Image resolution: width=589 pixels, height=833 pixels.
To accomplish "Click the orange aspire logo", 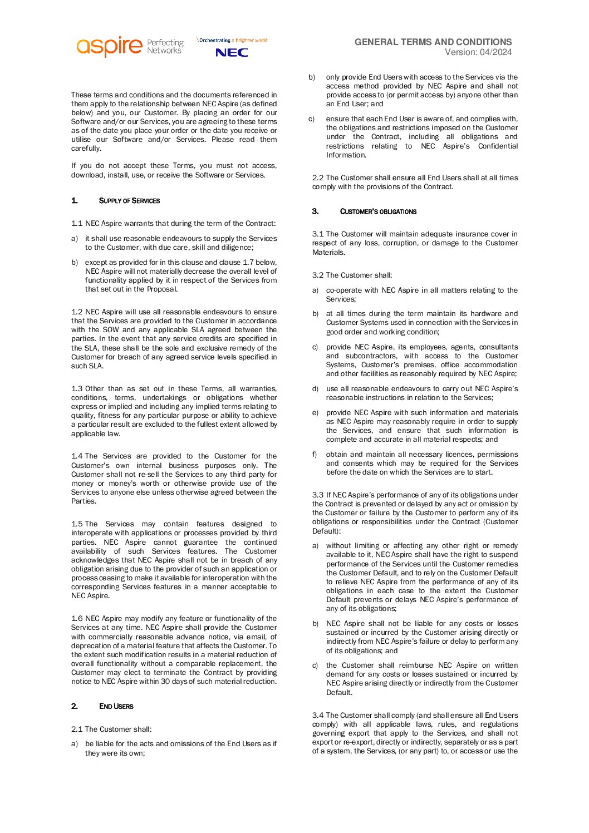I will pyautogui.click(x=109, y=46).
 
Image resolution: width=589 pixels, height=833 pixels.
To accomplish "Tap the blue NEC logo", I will pyautogui.click(x=232, y=52).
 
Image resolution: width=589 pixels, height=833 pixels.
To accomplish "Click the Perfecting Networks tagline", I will pyautogui.click(x=165, y=46).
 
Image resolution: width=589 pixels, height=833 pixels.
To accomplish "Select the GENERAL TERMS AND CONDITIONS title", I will pyautogui.click(x=433, y=42).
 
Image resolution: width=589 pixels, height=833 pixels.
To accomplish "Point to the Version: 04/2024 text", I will pyautogui.click(x=478, y=52).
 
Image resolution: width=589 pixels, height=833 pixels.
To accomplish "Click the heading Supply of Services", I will pyautogui.click(x=129, y=201).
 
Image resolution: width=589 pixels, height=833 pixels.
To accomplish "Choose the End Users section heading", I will pyautogui.click(x=116, y=706).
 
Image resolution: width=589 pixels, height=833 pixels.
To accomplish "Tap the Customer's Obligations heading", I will pyautogui.click(x=378, y=211).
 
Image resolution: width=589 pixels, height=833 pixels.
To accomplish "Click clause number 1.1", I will pyautogui.click(x=77, y=224).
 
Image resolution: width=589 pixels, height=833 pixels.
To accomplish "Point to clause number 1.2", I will pyautogui.click(x=77, y=312).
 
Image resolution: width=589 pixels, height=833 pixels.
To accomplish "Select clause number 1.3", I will pyautogui.click(x=77, y=389).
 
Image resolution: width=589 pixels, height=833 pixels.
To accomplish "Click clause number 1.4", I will pyautogui.click(x=77, y=456).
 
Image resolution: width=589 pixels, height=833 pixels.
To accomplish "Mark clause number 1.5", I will pyautogui.click(x=77, y=524).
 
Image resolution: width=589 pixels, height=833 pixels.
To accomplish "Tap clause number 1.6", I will pyautogui.click(x=77, y=619).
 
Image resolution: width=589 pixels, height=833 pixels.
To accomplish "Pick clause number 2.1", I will pyautogui.click(x=77, y=730).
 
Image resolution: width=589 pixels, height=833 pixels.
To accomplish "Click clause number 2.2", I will pyautogui.click(x=318, y=178).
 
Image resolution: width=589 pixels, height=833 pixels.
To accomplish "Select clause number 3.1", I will pyautogui.click(x=318, y=234).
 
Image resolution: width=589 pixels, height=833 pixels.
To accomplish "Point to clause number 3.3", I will pyautogui.click(x=318, y=495).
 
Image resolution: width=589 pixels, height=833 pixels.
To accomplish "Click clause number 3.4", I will pyautogui.click(x=318, y=716).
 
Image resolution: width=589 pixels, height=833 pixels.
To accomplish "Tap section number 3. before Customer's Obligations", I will pyautogui.click(x=315, y=211).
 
